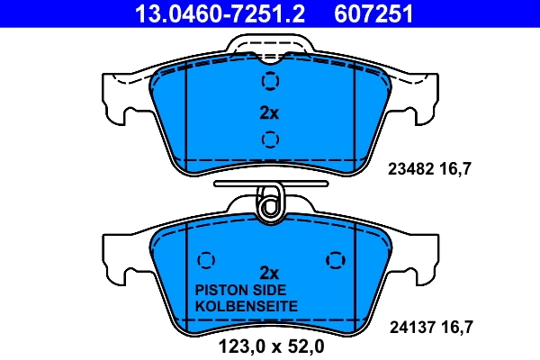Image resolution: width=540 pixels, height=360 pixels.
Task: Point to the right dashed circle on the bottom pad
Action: click(335, 259)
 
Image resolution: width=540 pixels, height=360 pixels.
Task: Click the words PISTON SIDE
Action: click(240, 290)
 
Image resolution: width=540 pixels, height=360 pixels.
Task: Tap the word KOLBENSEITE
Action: click(247, 307)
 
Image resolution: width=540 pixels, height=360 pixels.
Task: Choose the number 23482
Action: click(410, 167)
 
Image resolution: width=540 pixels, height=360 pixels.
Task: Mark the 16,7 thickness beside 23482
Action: click(455, 167)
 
